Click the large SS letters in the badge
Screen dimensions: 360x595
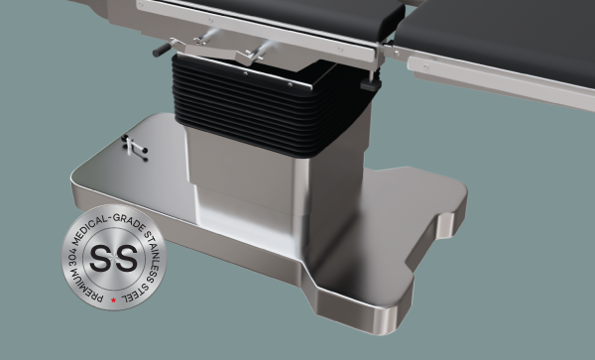pos(115,260)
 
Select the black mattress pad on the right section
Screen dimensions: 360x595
pos(496,35)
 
